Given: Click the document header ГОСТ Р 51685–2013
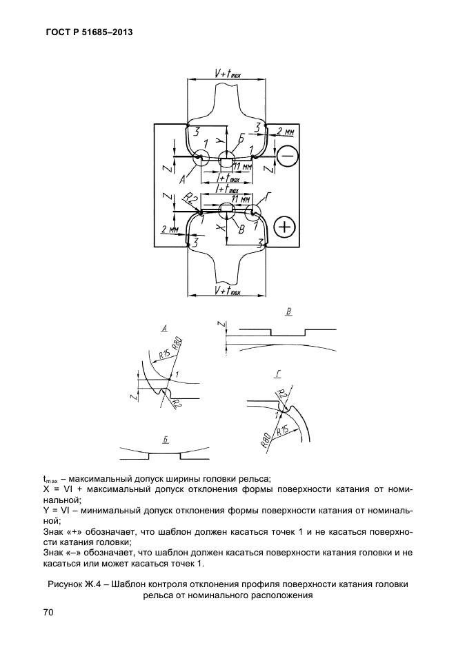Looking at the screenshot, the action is click(x=88, y=32).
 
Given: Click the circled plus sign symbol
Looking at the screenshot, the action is click(x=285, y=227).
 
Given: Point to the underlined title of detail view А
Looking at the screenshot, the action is click(x=164, y=328).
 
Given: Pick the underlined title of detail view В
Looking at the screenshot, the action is click(x=289, y=311).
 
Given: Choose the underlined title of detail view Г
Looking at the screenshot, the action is click(x=278, y=374).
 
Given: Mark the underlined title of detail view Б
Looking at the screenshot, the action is click(x=165, y=440).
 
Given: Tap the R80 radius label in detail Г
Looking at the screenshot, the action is click(x=266, y=440).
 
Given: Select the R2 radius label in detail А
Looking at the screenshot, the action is click(x=175, y=401).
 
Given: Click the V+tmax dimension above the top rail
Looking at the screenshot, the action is click(x=228, y=74).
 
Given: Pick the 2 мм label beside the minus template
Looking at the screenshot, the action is click(x=285, y=131).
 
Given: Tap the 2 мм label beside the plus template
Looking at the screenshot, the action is click(x=169, y=229).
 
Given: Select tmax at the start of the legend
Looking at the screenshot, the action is click(x=49, y=480).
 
